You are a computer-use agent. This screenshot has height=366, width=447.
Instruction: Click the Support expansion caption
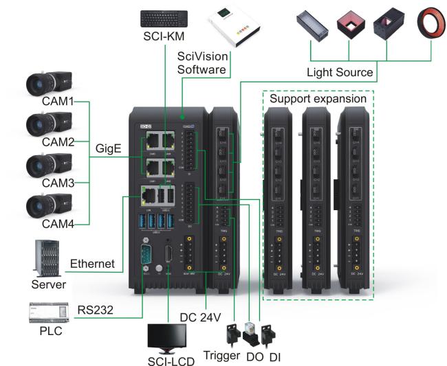coord(318,98)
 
